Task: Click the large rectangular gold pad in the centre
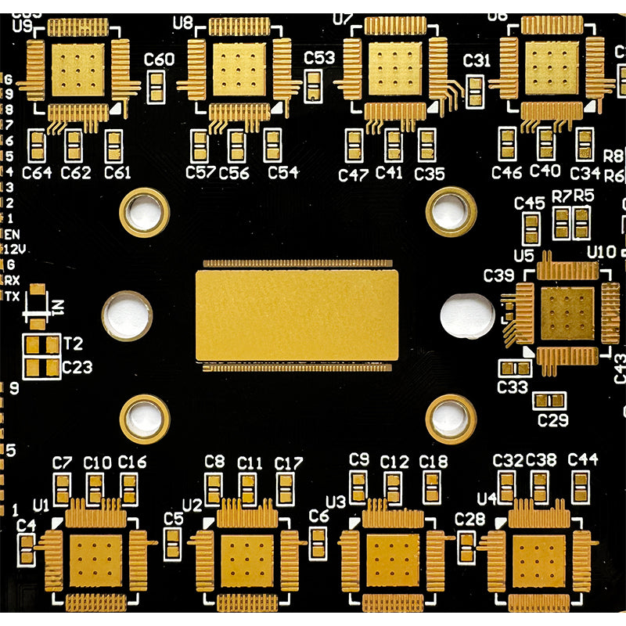click(297, 315)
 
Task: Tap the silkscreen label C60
click(160, 59)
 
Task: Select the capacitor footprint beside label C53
click(314, 85)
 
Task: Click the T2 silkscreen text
click(74, 344)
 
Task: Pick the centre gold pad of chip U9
click(77, 69)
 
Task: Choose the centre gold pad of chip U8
click(239, 69)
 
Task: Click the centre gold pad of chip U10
click(568, 314)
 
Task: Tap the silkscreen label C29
click(552, 420)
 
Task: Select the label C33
click(513, 386)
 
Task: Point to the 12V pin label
click(15, 248)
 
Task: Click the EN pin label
click(13, 233)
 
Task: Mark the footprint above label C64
click(38, 146)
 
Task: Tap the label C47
click(353, 174)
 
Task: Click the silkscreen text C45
click(530, 203)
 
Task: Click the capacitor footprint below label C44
click(581, 487)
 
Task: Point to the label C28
click(469, 518)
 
